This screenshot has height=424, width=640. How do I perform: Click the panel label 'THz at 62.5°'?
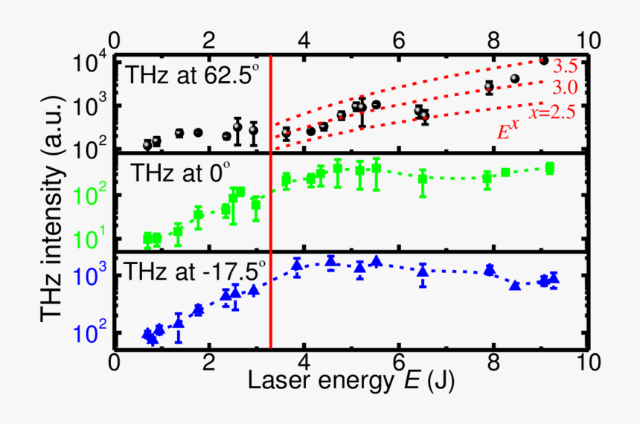tap(189, 76)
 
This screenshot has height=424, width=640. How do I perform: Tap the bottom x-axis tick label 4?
tap(304, 366)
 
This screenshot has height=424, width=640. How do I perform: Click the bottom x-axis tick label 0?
tap(114, 366)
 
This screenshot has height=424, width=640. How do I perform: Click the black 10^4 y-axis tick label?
tap(92, 62)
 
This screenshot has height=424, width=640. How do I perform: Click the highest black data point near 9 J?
tap(543, 60)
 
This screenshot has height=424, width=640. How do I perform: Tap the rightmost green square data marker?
tap(550, 168)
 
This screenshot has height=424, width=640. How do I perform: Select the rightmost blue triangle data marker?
tap(554, 279)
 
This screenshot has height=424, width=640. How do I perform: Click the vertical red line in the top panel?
tap(270, 104)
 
